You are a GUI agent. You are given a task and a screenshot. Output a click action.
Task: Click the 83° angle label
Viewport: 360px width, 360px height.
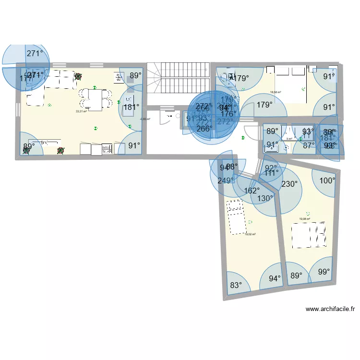tap(236, 285)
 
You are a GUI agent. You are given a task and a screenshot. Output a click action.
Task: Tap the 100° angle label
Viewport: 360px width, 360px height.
tap(327, 180)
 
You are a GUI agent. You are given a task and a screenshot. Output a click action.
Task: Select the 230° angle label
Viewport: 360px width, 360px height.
tap(289, 183)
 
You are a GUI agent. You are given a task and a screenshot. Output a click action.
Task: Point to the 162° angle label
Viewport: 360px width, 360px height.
tap(252, 191)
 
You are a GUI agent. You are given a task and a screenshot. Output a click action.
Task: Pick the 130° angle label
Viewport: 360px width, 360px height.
tap(264, 198)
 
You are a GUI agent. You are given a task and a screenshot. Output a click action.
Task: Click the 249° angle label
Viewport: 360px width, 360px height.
tap(225, 180)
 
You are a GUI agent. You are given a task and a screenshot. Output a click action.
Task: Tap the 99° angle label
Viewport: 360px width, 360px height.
tap(324, 272)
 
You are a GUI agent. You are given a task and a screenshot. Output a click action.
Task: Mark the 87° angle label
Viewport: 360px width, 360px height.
tap(309, 144)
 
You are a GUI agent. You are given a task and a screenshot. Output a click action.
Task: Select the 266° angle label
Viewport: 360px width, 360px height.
tap(204, 129)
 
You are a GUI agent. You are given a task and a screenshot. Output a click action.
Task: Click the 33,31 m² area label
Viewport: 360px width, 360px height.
tap(81, 111)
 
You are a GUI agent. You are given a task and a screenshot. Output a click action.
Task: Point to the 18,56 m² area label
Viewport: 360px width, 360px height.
tap(275, 93)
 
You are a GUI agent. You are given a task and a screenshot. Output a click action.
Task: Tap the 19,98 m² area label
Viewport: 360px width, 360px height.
tap(304, 219)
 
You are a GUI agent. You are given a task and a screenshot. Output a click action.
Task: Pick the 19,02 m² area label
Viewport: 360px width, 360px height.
tap(250, 234)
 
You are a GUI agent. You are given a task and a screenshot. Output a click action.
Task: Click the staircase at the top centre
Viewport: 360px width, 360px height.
tap(178, 82)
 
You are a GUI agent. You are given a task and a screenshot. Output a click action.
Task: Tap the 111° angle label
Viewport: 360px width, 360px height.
tap(271, 173)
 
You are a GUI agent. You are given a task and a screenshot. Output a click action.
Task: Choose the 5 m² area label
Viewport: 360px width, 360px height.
tap(289, 139)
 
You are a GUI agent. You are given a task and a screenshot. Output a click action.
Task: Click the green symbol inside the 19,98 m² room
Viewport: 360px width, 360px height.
tap(308, 214)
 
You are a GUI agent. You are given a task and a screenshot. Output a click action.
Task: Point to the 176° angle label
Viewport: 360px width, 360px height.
tap(228, 114)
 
